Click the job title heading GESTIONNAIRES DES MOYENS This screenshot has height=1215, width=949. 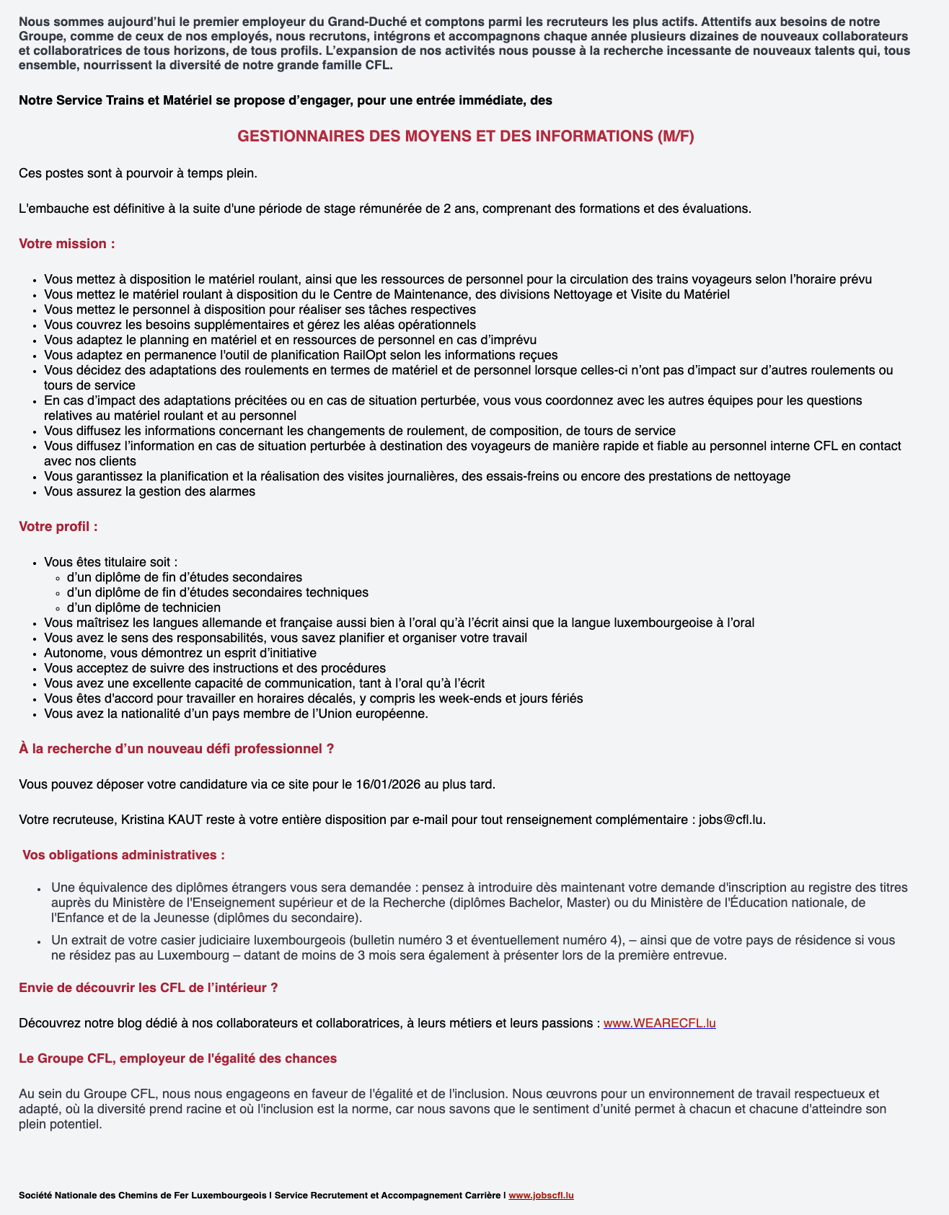click(466, 136)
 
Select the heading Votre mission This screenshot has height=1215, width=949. click(67, 244)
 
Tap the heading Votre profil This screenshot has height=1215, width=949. click(58, 527)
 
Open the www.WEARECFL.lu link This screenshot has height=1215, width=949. click(659, 1023)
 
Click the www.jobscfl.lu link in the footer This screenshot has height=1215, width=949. click(541, 1196)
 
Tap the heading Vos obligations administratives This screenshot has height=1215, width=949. click(123, 855)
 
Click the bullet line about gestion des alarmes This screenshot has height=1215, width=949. click(149, 491)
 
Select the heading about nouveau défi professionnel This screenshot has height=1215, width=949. click(176, 749)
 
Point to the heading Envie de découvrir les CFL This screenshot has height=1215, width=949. click(149, 988)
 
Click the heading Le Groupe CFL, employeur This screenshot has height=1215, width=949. click(177, 1058)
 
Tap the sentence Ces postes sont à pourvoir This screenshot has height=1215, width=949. click(138, 173)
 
